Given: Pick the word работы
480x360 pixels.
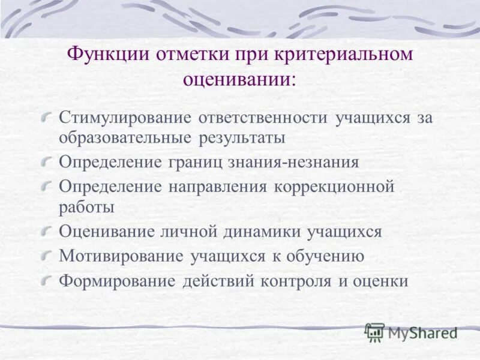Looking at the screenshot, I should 86,208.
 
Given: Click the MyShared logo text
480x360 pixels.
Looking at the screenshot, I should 422,332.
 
